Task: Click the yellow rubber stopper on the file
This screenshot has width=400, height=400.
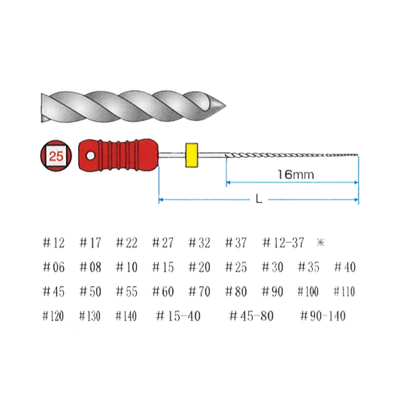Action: click(191, 155)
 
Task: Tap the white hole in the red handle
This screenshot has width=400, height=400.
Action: click(90, 155)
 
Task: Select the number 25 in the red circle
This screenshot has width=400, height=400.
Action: click(56, 156)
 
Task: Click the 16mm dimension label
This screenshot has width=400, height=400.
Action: click(296, 175)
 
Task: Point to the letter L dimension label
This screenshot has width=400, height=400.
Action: click(259, 199)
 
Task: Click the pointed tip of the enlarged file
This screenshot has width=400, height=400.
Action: click(225, 106)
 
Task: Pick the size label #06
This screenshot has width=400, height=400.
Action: click(54, 267)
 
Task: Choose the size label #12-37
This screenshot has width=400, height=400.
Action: click(283, 242)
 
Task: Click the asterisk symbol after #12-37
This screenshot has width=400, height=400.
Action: click(320, 242)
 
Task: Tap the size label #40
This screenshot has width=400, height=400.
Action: click(345, 267)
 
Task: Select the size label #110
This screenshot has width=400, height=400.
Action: click(344, 291)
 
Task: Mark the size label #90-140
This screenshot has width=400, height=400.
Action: click(323, 316)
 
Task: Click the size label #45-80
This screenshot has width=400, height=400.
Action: click(251, 316)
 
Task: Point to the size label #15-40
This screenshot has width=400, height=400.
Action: click(178, 316)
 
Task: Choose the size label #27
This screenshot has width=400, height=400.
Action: click(163, 242)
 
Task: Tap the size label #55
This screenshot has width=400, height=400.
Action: click(127, 291)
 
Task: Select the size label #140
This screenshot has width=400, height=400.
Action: click(126, 316)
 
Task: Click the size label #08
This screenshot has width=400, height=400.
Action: click(90, 267)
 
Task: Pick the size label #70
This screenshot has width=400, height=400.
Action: click(199, 291)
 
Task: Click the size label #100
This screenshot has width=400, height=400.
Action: click(308, 291)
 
